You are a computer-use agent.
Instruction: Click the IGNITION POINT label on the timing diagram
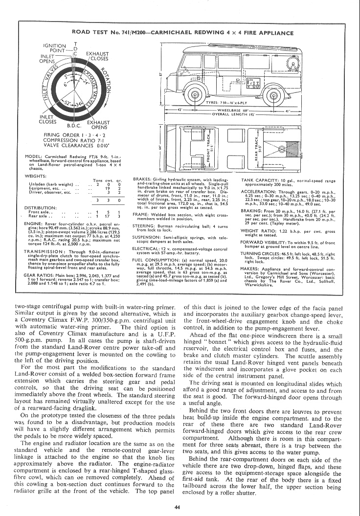(55, 48)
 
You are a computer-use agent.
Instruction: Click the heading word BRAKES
(142, 180)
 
